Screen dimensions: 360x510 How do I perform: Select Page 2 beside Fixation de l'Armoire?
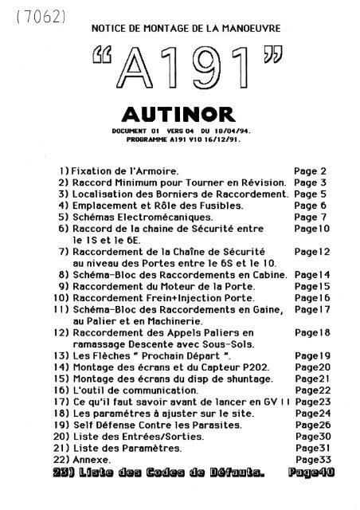point(311,171)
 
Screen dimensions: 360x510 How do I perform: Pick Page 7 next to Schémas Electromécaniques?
point(311,216)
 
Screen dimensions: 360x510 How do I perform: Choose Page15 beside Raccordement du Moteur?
point(312,285)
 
